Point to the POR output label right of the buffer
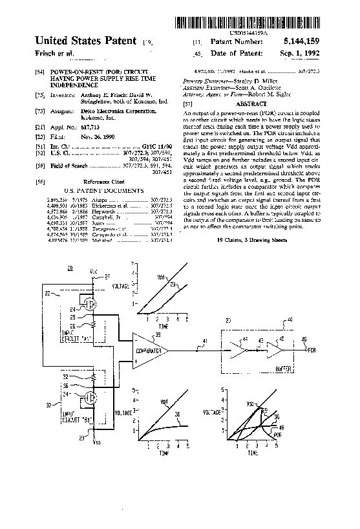click(x=312, y=350)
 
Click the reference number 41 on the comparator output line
click(x=205, y=341)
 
